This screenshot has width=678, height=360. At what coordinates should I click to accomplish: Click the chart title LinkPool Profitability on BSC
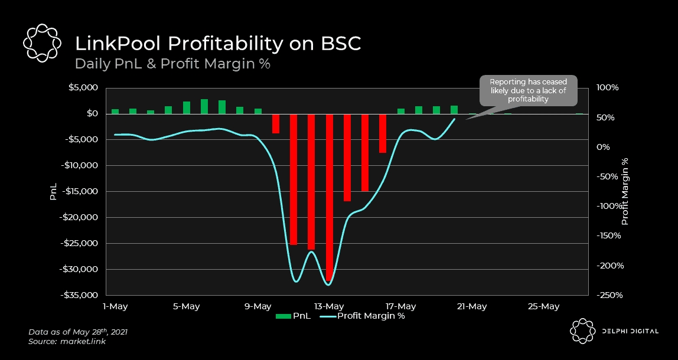(217, 44)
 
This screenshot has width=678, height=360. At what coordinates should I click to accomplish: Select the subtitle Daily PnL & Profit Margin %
(172, 64)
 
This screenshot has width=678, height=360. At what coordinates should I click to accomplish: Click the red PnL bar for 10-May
(276, 123)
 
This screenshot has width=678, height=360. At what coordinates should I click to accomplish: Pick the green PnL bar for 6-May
(204, 106)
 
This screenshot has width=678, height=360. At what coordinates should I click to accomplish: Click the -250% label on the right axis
(608, 295)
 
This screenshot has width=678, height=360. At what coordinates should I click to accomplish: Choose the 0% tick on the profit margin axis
(602, 147)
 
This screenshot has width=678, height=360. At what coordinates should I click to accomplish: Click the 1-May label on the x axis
(115, 306)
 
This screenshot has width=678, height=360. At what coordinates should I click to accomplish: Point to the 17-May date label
(400, 306)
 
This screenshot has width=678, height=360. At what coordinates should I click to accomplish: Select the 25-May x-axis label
(543, 306)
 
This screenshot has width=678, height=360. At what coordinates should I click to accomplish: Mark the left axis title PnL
(53, 192)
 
